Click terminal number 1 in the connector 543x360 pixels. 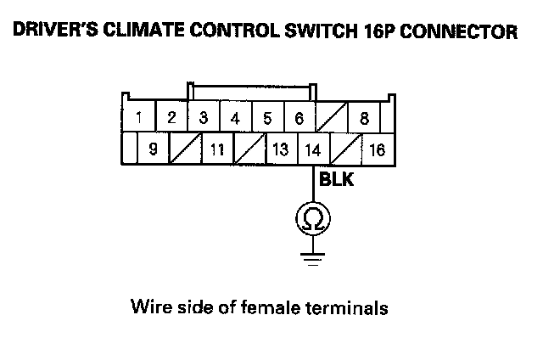click(x=138, y=117)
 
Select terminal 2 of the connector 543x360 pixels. click(x=171, y=117)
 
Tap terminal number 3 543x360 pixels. click(x=203, y=117)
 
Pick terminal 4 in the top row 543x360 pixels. click(x=235, y=117)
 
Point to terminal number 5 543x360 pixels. click(x=267, y=117)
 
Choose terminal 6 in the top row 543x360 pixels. click(x=299, y=117)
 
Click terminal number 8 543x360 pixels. click(x=363, y=117)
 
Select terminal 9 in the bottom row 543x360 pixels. click(x=154, y=149)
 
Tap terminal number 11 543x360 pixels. click(x=217, y=149)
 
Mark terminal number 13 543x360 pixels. click(x=281, y=149)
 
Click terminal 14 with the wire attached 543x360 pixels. click(x=312, y=149)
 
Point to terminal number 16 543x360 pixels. click(x=377, y=149)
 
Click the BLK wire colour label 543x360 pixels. click(x=335, y=181)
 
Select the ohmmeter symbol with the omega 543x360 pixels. click(x=312, y=220)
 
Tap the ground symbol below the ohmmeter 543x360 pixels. click(x=312, y=256)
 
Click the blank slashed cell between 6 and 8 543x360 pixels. click(x=331, y=117)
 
